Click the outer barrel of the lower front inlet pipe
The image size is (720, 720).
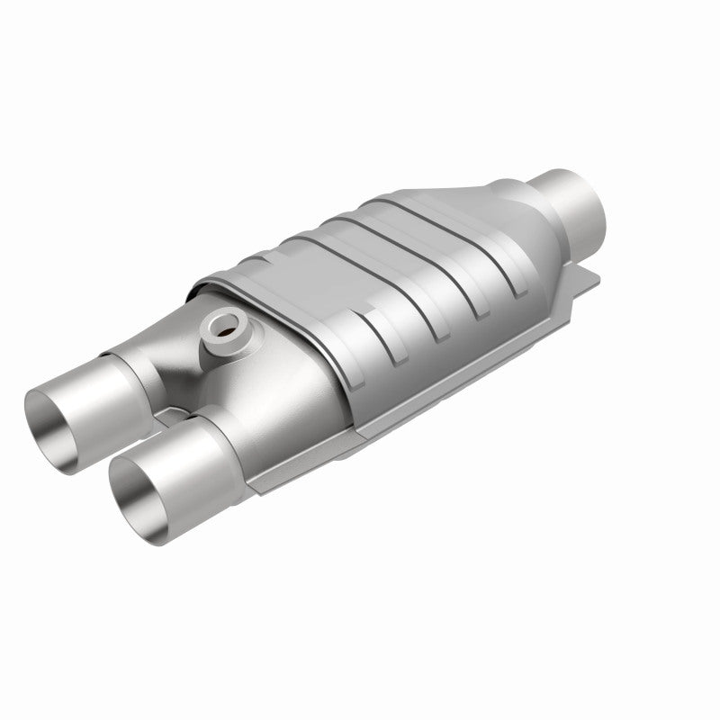(184, 468)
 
